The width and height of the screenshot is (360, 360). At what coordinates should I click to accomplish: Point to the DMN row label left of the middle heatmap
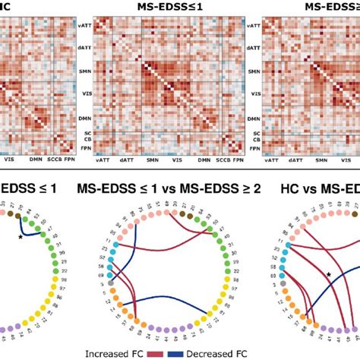click(108, 120)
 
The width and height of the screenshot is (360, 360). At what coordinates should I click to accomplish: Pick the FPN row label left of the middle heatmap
click(108, 150)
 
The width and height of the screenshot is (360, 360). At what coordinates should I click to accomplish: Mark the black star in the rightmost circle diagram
click(328, 274)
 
